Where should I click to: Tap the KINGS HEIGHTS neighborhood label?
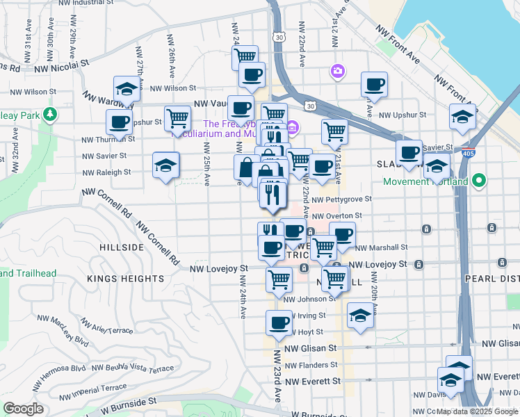(x=126, y=279)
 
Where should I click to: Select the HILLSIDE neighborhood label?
(x=122, y=247)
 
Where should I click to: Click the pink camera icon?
(x=338, y=71)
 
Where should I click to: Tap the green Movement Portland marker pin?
(x=478, y=182)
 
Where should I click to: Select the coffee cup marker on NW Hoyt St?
(x=279, y=323)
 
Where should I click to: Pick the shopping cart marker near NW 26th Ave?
(x=178, y=119)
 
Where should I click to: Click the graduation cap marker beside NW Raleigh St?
(x=165, y=165)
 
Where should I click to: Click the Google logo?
(x=23, y=409)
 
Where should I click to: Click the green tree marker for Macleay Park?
(x=49, y=113)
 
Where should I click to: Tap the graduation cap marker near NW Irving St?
(x=359, y=317)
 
